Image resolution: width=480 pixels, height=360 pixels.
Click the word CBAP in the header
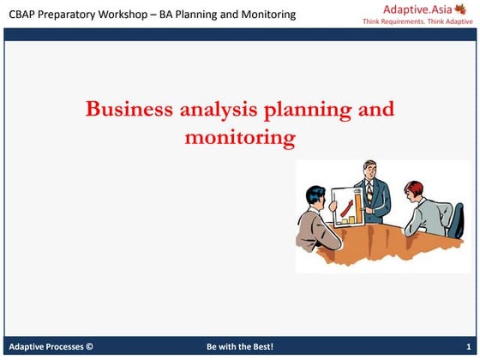[x=25, y=14]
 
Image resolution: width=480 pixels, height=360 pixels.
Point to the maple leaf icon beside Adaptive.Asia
[x=465, y=9]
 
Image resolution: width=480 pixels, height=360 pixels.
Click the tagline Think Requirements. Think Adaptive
[x=417, y=21]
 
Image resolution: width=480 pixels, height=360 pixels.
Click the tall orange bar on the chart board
[x=355, y=207]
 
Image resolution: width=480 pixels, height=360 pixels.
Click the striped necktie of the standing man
[x=369, y=190]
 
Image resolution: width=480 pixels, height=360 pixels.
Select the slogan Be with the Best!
[x=239, y=347]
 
